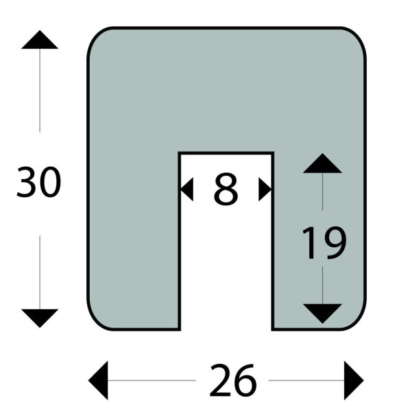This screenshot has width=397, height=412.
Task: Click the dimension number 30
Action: click(39, 182)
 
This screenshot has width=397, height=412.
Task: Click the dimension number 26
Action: click(232, 380)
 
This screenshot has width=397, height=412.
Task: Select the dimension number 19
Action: click(324, 242)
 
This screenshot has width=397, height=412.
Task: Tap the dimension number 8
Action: click(226, 189)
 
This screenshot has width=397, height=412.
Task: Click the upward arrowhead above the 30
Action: click(40, 40)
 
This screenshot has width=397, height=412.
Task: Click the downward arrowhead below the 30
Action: click(40, 318)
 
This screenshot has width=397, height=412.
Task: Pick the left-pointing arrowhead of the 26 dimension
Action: click(98, 380)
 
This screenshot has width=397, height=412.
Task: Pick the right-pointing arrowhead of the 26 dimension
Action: click(354, 380)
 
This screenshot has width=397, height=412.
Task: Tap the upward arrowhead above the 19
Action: click(322, 163)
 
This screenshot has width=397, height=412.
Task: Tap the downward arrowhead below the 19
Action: click(322, 314)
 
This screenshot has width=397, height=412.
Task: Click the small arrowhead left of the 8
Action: click(187, 190)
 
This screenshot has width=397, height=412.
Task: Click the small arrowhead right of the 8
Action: click(265, 190)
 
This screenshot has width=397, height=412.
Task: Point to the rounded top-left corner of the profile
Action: click(96, 36)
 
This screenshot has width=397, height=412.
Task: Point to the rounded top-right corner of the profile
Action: click(357, 36)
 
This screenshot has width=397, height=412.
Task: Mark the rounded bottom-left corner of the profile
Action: click(96, 321)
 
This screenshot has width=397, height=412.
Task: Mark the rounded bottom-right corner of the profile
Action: click(357, 321)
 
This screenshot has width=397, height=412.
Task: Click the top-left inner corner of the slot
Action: click(180, 153)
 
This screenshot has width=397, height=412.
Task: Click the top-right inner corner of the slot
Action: click(273, 153)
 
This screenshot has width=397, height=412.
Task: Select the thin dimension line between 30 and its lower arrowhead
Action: click(40, 272)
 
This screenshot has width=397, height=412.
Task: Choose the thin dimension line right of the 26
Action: click(306, 380)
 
